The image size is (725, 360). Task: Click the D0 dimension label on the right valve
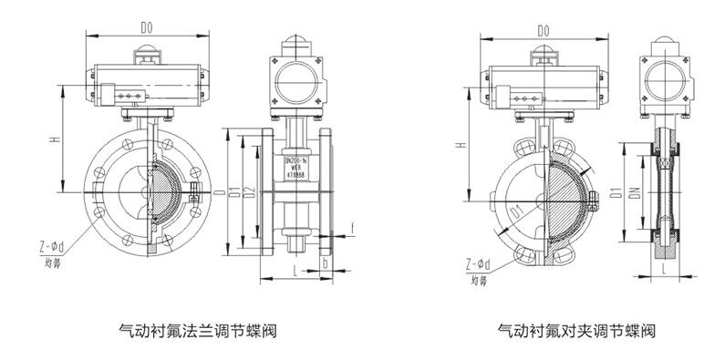(x=544, y=31)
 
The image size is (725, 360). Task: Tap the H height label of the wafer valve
(x=463, y=144)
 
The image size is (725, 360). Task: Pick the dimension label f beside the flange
(x=353, y=225)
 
